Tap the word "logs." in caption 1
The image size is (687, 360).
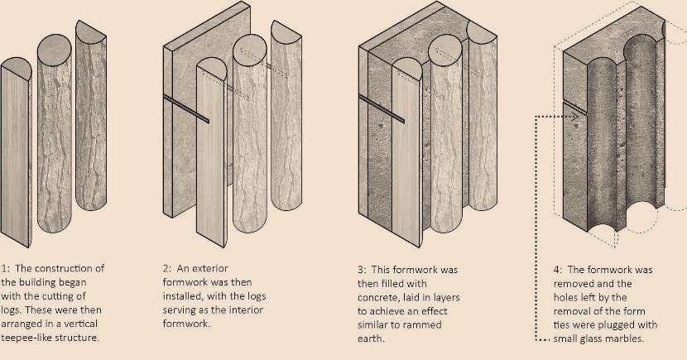pos(12,310)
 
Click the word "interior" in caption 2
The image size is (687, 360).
pos(244,310)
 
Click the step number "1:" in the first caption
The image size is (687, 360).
pos(5,268)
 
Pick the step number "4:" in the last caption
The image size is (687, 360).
pos(558,270)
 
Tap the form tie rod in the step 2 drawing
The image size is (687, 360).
pos(185,108)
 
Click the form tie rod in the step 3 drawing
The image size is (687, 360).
pos(382,108)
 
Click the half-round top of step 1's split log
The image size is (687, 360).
pos(17,69)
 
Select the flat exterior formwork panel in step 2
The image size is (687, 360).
pos(206,109)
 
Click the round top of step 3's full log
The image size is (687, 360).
pos(444,50)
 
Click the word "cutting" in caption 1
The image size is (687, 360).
pos(71,296)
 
